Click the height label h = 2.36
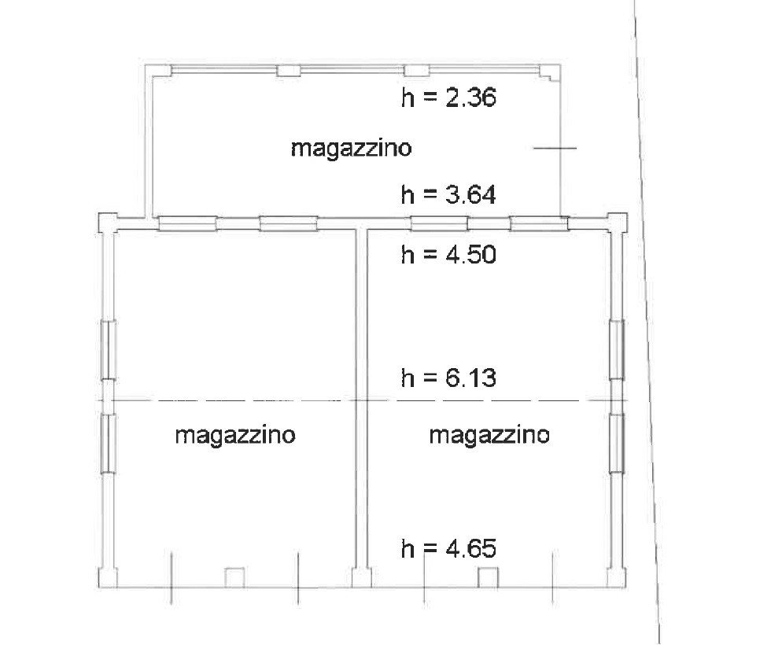pos(449,98)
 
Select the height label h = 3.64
pos(449,194)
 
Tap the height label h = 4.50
pos(449,255)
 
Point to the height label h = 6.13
pos(449,378)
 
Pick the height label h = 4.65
pos(449,549)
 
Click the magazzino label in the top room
pos(352,149)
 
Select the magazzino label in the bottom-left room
pos(235,435)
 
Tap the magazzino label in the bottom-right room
pos(489,435)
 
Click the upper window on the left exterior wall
pos(109,350)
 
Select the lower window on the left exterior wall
pos(109,444)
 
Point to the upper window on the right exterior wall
pos(617,350)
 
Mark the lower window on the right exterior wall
pos(617,444)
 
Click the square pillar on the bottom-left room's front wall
pos(234,577)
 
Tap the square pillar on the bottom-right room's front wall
pos(489,577)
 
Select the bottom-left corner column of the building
pos(107,577)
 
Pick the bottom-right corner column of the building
pos(617,577)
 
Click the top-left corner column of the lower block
pos(107,223)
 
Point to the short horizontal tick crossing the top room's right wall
pos(555,148)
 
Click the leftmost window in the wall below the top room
pos(187,224)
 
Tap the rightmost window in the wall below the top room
pos(539,224)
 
